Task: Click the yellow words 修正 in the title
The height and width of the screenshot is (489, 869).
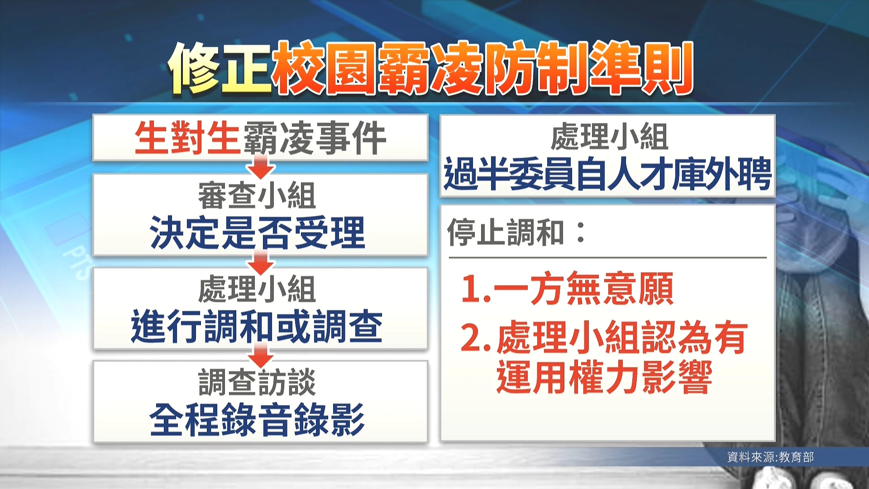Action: click(220, 68)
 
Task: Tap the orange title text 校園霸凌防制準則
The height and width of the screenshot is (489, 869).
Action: click(482, 68)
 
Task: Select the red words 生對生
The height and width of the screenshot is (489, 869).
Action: click(187, 138)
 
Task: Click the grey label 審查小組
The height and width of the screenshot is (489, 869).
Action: click(257, 196)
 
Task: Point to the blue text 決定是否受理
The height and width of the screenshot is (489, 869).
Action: click(257, 233)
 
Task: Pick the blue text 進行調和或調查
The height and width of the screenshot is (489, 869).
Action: click(257, 326)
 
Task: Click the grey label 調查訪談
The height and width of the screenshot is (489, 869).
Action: click(257, 382)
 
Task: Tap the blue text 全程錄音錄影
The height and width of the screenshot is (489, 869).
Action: click(257, 420)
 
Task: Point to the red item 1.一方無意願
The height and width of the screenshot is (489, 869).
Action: click(567, 289)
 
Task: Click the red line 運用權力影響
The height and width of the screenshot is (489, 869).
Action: click(604, 377)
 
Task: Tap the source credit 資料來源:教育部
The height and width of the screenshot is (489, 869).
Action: click(770, 457)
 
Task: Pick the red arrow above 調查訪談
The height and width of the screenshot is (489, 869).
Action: click(261, 355)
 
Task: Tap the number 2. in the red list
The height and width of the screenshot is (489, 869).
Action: click(476, 337)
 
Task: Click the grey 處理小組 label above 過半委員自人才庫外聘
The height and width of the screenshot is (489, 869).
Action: click(609, 137)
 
